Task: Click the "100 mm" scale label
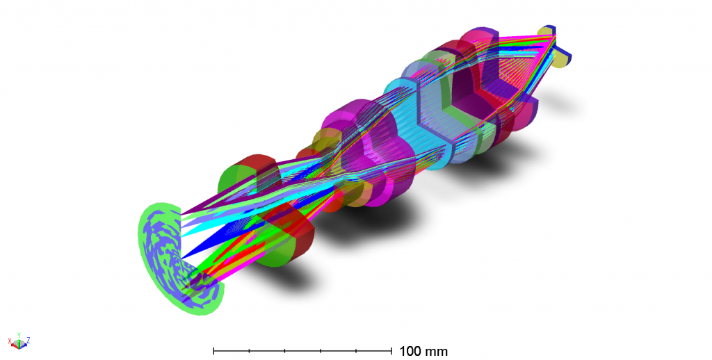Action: click(423, 351)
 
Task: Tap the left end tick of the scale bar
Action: click(213, 350)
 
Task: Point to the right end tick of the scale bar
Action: click(393, 350)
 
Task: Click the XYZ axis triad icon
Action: click(19, 341)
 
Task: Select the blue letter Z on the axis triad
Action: click(28, 340)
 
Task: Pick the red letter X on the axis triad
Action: click(10, 341)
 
